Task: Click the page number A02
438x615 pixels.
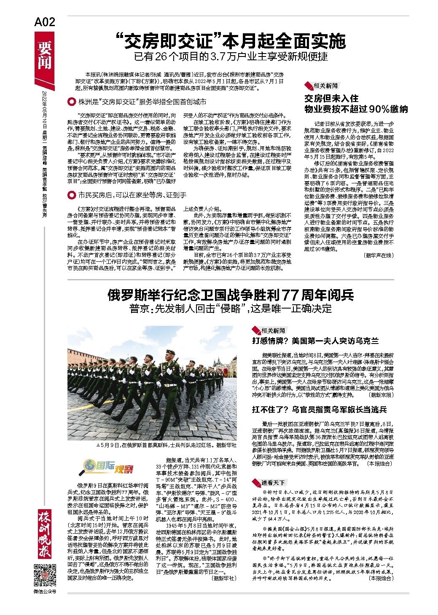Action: [45, 22]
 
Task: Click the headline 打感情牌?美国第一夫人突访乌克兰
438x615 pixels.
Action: [315, 341]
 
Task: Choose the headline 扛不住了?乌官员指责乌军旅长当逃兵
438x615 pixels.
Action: [319, 409]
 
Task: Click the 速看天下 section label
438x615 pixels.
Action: [273, 482]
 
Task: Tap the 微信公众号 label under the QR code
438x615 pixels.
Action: [45, 592]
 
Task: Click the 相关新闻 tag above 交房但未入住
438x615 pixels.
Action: [325, 86]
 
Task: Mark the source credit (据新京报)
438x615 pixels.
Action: [381, 395]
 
